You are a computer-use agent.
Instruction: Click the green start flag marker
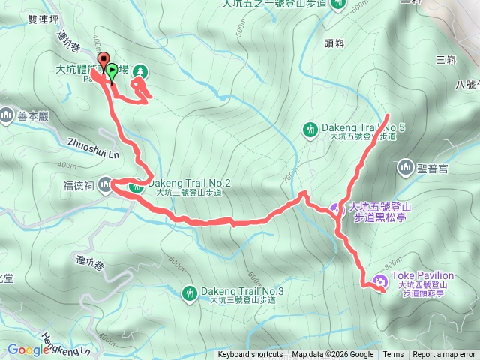tap(112, 72)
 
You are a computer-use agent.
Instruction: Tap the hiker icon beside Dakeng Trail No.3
tap(187, 291)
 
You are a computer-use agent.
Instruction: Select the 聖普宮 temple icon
tap(406, 166)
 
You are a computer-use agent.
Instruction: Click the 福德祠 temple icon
tap(106, 184)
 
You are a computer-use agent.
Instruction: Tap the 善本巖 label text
tap(33, 115)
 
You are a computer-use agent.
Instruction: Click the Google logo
tap(28, 349)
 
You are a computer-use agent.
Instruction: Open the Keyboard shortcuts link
tap(250, 355)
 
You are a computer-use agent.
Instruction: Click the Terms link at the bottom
tap(393, 355)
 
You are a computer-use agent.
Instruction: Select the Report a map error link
tap(444, 355)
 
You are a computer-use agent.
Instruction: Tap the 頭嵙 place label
tap(334, 43)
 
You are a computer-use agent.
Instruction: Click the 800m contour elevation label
tap(391, 264)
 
